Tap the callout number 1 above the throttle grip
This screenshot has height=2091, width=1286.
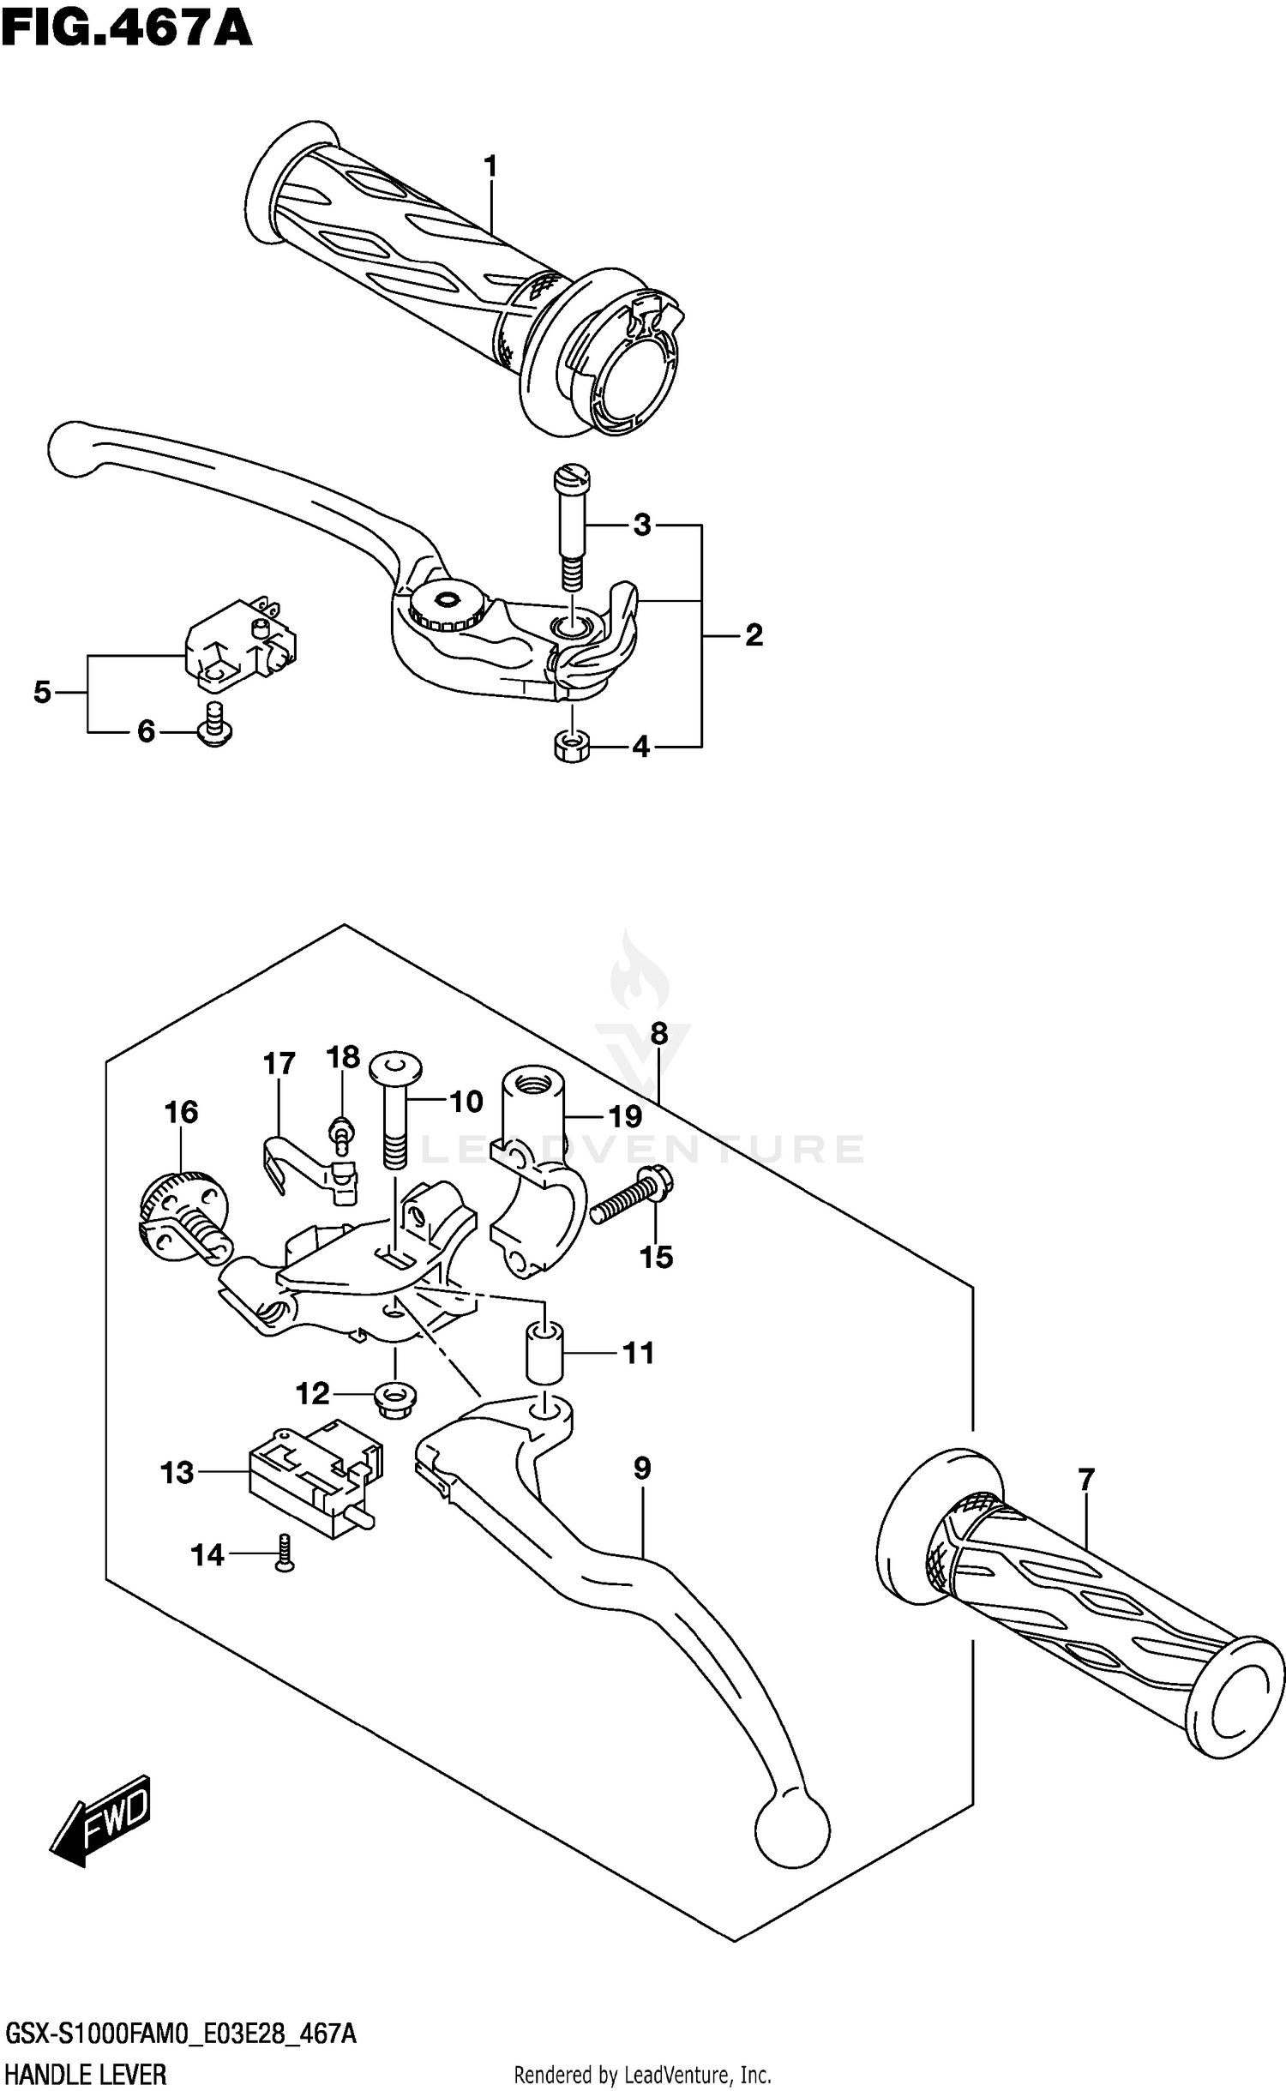[x=490, y=166]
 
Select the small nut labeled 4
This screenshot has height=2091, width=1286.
[x=570, y=747]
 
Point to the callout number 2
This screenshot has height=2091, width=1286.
[x=753, y=635]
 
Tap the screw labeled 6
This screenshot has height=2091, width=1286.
[x=214, y=726]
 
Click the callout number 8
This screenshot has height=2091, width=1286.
[x=658, y=1034]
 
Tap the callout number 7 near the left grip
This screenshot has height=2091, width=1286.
[x=1085, y=1479]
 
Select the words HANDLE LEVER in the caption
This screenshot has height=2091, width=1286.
[x=86, y=2069]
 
